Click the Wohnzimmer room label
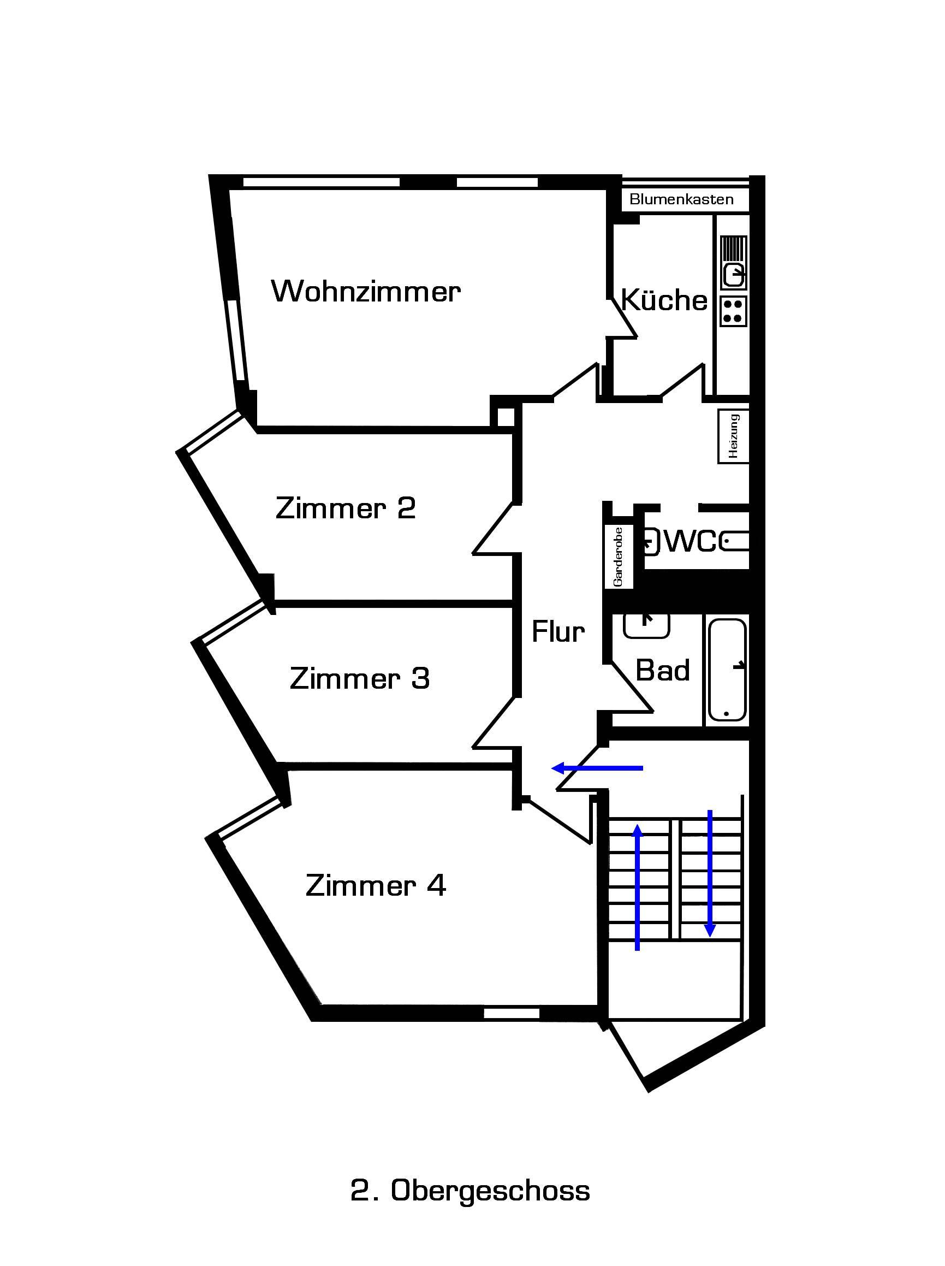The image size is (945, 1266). click(366, 291)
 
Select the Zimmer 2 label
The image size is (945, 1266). click(346, 508)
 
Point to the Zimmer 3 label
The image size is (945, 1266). click(360, 678)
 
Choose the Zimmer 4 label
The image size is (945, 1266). click(376, 885)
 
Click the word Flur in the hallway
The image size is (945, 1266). click(558, 632)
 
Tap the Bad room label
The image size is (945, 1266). click(663, 670)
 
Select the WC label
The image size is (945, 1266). click(691, 541)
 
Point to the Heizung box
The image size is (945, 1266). click(734, 436)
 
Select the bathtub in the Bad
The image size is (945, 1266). click(727, 670)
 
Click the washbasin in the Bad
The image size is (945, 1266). click(646, 625)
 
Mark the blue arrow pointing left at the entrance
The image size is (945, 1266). click(597, 768)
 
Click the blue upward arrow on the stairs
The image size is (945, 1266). click(637, 887)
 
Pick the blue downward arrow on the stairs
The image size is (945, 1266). click(710, 873)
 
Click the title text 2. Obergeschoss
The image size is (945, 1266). click(470, 1191)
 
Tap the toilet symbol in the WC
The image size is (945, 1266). click(734, 541)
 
